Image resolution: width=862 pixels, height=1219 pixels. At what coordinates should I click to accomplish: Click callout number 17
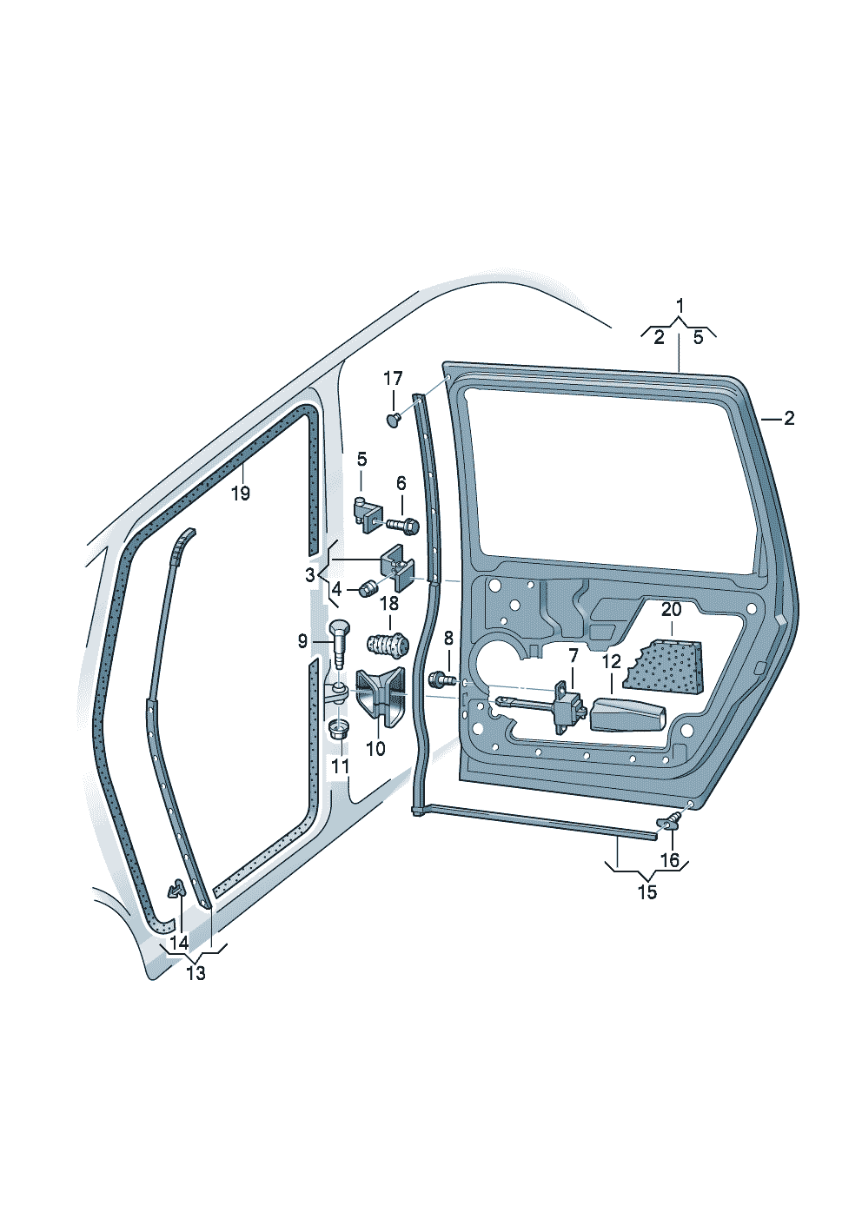click(393, 379)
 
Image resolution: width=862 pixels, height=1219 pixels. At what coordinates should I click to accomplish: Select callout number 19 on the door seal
click(241, 494)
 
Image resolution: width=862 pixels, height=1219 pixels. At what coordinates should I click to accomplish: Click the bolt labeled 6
click(403, 525)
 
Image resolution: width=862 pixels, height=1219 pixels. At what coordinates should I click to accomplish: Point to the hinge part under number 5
click(366, 512)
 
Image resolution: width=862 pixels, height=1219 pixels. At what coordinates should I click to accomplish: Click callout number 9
click(302, 642)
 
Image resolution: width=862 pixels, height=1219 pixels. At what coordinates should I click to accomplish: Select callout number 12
click(611, 662)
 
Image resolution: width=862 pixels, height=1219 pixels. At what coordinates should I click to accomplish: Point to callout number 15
click(646, 892)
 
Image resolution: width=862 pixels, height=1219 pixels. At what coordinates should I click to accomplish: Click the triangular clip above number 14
click(176, 889)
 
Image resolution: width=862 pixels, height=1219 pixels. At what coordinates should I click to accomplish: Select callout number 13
click(196, 973)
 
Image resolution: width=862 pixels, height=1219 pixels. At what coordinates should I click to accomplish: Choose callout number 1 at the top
click(680, 306)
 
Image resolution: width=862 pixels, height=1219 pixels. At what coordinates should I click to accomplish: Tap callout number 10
click(375, 747)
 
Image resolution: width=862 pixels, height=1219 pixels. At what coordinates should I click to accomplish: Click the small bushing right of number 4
click(367, 591)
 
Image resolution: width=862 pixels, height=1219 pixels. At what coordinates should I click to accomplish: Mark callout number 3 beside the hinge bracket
click(310, 574)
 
